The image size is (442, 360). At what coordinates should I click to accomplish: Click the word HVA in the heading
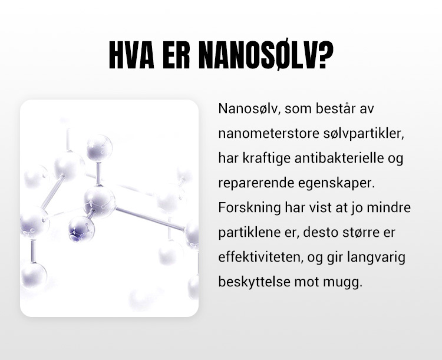pos(131,55)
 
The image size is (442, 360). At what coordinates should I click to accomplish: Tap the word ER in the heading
pos(176,55)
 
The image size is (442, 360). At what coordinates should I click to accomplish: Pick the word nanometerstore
pos(268,133)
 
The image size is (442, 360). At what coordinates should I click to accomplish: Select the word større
pos(361,233)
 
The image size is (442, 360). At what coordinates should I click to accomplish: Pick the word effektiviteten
pos(260,257)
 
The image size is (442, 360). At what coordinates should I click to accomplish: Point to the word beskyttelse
pos(254,282)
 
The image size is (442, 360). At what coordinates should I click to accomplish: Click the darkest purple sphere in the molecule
pos(81,229)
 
